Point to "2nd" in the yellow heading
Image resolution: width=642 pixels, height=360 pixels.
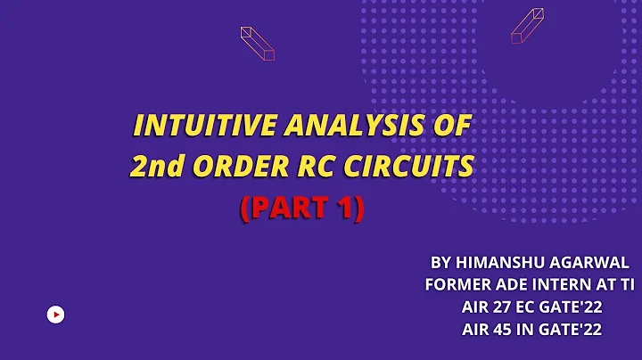coord(152,167)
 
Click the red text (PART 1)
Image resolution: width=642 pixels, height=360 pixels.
coord(301,208)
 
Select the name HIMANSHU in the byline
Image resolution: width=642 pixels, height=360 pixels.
coord(496,263)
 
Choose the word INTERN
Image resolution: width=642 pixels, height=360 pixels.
coord(564,285)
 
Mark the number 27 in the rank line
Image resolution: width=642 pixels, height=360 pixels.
coord(504,307)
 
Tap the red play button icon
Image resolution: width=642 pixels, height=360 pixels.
coord(55,314)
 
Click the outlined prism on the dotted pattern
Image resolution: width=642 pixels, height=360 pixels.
coord(527,26)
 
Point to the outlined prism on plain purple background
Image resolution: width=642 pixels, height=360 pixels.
coord(258,43)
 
